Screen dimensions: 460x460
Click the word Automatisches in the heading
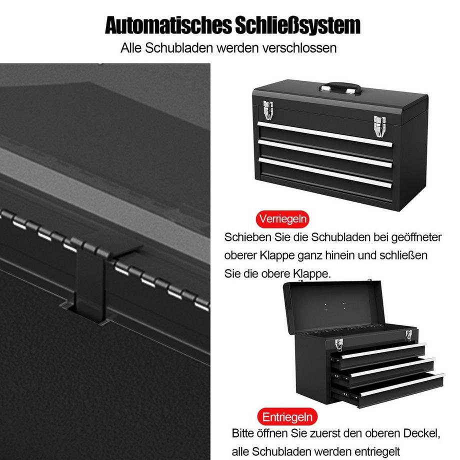167,25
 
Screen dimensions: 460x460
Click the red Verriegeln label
282,218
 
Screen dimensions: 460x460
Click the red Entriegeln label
288,416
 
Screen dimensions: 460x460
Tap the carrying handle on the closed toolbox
340,88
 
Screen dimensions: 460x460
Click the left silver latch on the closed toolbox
268,110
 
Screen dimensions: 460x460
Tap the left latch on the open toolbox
338,344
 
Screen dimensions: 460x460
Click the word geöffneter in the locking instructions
416,237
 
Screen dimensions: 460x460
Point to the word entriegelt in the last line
375,450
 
